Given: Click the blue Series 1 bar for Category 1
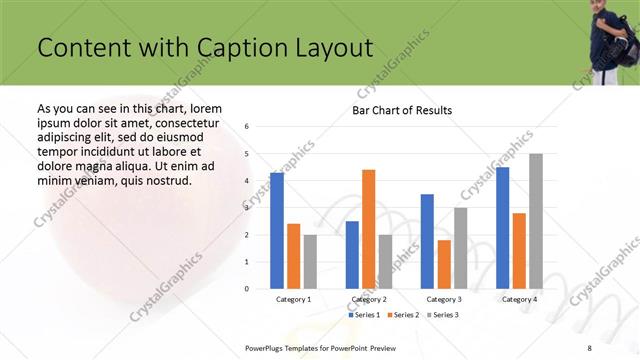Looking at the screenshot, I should [x=277, y=230].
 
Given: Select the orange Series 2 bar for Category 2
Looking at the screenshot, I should [x=369, y=229].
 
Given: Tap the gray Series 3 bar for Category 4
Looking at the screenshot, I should [x=536, y=221].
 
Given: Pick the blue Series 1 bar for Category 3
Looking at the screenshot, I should [x=427, y=241].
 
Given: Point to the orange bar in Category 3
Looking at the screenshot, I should [x=444, y=264].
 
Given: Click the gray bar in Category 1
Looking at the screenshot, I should [x=310, y=261].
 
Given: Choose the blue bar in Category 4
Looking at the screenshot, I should [x=502, y=227].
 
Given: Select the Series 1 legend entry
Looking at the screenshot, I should [x=363, y=315].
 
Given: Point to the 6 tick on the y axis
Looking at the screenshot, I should [x=247, y=127].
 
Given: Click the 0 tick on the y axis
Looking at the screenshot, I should [x=247, y=289].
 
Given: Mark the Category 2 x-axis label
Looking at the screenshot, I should [x=369, y=299].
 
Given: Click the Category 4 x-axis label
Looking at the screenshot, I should [x=519, y=299].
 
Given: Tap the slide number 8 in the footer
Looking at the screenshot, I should [x=589, y=347].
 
